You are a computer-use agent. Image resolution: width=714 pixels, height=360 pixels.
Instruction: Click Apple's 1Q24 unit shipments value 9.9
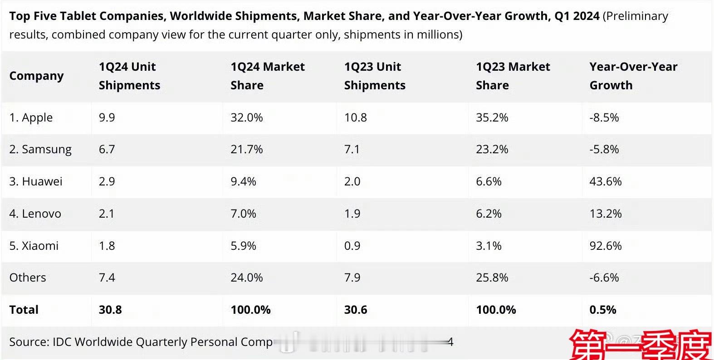point(107,118)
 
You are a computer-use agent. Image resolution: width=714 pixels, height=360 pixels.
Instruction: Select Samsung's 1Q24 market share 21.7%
point(246,150)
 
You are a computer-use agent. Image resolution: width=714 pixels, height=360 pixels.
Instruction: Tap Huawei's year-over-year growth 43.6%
point(605,182)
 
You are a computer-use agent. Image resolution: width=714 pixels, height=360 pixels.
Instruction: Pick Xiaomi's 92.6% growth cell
point(605,246)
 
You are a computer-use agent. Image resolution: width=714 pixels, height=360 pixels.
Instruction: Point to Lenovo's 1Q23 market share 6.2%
point(488,214)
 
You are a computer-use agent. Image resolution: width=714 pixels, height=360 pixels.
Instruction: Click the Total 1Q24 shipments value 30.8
point(110,310)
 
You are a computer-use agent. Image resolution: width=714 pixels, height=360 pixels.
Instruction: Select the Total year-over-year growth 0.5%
point(602,310)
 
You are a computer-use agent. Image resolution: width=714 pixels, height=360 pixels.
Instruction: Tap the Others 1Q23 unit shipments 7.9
point(352,277)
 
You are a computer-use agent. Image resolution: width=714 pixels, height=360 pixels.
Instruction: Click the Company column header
point(36,76)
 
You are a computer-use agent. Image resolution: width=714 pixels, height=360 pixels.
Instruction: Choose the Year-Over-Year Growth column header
point(633,76)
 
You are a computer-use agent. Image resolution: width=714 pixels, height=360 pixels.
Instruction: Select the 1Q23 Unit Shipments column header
point(374,76)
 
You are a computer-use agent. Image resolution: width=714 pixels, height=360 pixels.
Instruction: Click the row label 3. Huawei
point(36,182)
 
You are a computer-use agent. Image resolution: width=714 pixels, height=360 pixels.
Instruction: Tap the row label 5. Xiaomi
point(34,246)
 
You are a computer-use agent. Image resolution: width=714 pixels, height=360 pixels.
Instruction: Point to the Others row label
point(28,277)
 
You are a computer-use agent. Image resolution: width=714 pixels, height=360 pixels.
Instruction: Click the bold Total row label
point(24,310)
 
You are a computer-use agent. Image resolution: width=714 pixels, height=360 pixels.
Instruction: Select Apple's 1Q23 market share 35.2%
point(492,118)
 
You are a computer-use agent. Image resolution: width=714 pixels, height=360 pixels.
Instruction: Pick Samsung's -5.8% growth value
point(604,150)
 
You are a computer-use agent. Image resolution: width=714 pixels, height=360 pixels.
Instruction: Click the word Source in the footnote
point(28,342)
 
